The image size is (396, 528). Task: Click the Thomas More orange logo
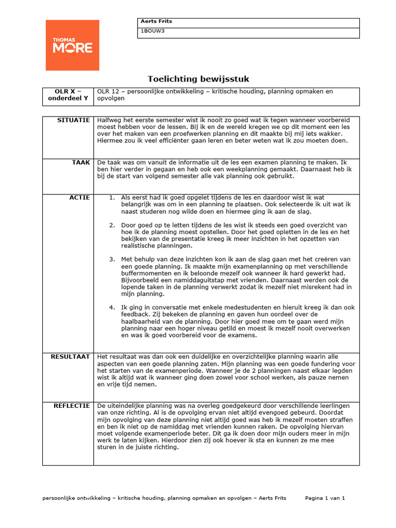[72, 45]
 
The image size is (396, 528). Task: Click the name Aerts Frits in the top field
[156, 22]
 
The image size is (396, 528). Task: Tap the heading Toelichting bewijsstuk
[199, 79]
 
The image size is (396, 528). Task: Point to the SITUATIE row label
[74, 120]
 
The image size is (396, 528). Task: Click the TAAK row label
[81, 162]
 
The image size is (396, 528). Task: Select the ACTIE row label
[80, 197]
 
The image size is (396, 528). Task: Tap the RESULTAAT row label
[70, 357]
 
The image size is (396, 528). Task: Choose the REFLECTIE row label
[72, 406]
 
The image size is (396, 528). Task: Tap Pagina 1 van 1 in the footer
[325, 498]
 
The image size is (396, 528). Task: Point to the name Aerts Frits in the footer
[272, 498]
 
